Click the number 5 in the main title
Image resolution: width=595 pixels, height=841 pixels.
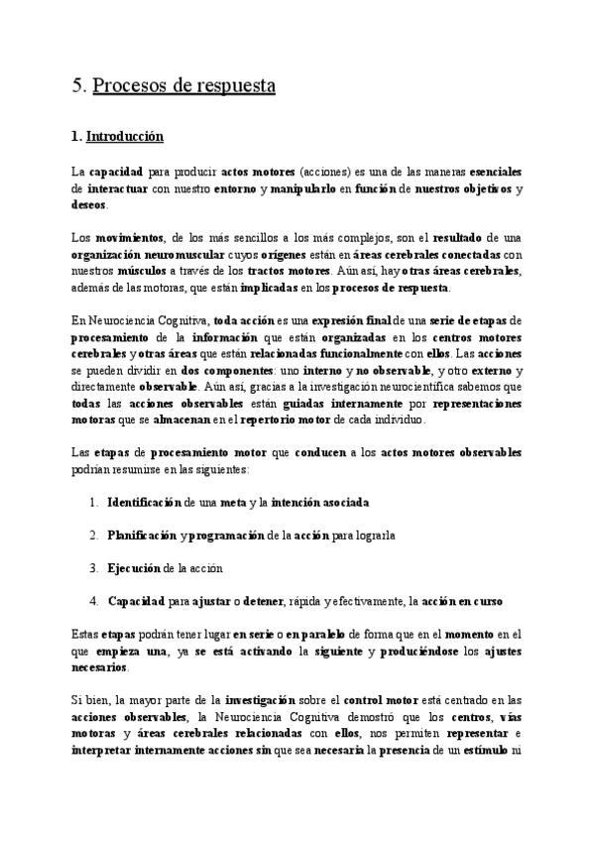click(77, 85)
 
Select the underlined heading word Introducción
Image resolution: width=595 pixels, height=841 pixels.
click(125, 135)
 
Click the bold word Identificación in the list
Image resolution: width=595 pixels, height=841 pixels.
click(145, 502)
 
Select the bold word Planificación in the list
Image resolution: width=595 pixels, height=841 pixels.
click(142, 535)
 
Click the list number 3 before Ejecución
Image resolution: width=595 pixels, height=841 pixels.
click(94, 568)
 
